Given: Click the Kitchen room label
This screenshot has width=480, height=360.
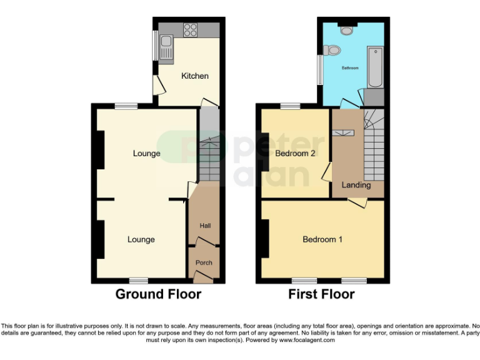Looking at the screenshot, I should coord(194,76).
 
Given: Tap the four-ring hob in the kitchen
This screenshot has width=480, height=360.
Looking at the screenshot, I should coord(191,29).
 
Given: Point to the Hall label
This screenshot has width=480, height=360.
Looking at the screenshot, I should coord(204,226).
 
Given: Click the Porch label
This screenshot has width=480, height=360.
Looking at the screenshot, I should coord(204,262).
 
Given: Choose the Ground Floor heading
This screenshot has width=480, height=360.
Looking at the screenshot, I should coord(158,294).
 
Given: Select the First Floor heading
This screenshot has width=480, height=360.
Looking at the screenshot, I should coord(321,294).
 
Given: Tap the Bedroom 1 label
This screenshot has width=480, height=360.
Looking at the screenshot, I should coord(322,239).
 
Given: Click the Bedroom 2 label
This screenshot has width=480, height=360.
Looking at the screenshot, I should coord(296,153).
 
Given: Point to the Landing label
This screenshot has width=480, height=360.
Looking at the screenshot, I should coord(356,185).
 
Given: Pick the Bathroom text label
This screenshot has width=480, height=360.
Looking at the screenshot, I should coord(349,67).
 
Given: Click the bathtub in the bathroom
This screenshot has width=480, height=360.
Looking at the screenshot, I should coord(375,67).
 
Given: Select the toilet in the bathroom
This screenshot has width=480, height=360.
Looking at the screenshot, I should coord(331,50).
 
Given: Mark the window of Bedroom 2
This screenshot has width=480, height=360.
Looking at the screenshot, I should coord(290,107).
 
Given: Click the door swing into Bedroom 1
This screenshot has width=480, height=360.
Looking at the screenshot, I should coord(357,202).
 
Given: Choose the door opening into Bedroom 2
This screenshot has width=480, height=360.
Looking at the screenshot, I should coord(327,172).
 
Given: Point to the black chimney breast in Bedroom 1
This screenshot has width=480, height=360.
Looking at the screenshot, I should coord(265,239).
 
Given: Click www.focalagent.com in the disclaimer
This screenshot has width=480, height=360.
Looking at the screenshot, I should coord(306,341).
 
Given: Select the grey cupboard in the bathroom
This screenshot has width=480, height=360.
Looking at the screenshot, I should coord(374,97).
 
